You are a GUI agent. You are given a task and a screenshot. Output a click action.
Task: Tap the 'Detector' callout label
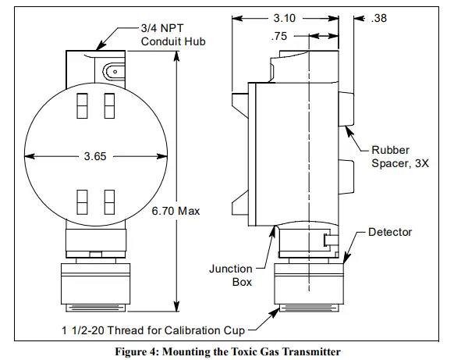[x=389, y=232]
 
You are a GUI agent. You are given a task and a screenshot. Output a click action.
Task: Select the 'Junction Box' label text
[x=230, y=275]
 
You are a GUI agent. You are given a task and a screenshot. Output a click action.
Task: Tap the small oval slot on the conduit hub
[x=115, y=70]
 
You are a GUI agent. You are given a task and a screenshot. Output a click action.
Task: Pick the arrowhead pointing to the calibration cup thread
[x=275, y=313]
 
